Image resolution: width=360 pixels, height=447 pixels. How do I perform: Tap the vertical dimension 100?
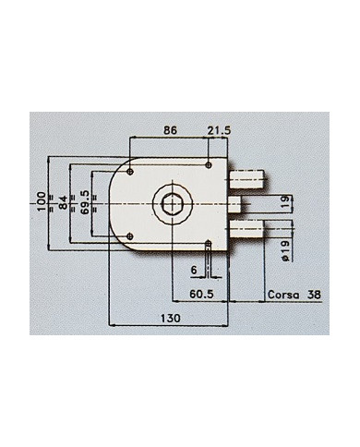point(41,201)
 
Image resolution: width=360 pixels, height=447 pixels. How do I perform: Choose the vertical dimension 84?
point(63,201)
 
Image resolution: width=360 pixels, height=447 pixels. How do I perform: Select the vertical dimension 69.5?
point(85,201)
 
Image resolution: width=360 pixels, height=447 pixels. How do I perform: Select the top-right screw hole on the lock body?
point(210,166)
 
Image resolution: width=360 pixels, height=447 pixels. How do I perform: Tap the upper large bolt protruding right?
point(246,175)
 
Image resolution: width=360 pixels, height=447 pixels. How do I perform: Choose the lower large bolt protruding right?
point(246,228)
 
